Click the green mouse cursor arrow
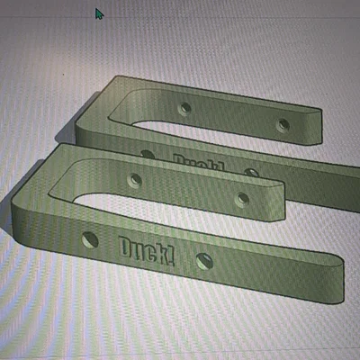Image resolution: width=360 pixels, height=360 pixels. pos(99,13)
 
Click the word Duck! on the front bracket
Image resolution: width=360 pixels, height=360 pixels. pos(147,251)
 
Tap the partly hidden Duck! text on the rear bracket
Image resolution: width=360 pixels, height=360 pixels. pos(199,162)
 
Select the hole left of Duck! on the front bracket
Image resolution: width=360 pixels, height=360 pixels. pos(90,240)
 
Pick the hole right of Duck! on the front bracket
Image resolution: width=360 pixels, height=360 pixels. pos(204,261)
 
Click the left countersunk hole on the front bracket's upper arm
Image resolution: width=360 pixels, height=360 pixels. pos(134,180)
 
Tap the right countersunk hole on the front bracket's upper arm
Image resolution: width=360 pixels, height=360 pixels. pos(242,200)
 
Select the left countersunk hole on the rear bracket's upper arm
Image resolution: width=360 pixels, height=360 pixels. pos(184,108)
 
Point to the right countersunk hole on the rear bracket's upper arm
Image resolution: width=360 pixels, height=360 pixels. pos(283,125)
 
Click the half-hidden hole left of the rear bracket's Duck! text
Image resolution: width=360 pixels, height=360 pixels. pos(148,154)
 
